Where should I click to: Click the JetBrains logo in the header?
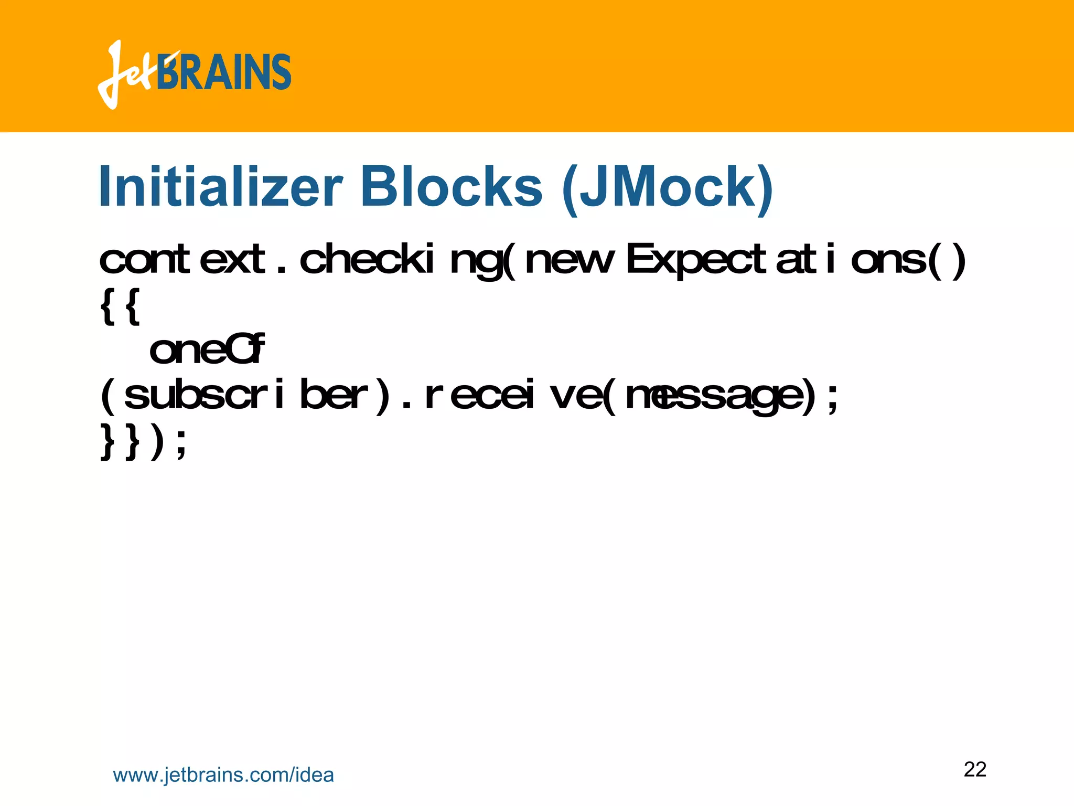[x=194, y=73]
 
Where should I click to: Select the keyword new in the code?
[x=568, y=260]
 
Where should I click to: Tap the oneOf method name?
[x=207, y=350]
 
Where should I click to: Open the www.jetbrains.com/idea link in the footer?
[x=223, y=775]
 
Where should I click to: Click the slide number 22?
[x=975, y=769]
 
